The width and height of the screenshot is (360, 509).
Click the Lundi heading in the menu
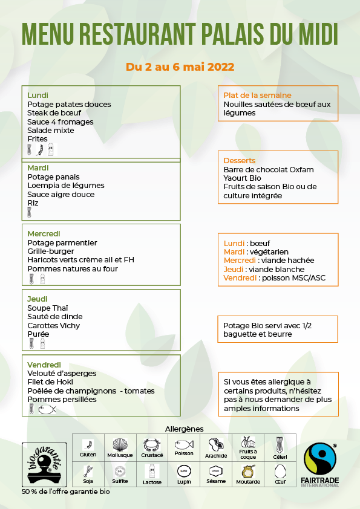[38, 96]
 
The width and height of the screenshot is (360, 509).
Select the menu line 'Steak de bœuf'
[54, 113]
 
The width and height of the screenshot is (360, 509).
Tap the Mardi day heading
[38, 168]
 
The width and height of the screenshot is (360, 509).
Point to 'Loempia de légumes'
[66, 186]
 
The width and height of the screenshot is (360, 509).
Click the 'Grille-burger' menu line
[51, 251]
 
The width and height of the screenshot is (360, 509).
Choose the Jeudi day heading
[38, 299]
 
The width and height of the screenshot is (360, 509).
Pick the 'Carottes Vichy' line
[54, 326]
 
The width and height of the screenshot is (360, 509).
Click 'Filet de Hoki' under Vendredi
[50, 382]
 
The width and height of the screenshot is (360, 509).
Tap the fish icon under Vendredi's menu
[46, 409]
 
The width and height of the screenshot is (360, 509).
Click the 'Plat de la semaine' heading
[257, 96]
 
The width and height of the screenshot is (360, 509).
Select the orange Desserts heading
[240, 161]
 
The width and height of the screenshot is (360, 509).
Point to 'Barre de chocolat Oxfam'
[269, 170]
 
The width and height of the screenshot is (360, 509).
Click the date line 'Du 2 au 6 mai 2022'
[180, 67]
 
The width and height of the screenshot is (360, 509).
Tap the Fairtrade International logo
[319, 470]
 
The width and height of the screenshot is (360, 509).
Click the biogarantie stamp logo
[44, 465]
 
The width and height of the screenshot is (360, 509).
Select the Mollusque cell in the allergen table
[119, 448]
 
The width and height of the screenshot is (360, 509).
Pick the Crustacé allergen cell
[152, 448]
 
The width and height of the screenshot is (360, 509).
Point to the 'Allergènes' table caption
[185, 429]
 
